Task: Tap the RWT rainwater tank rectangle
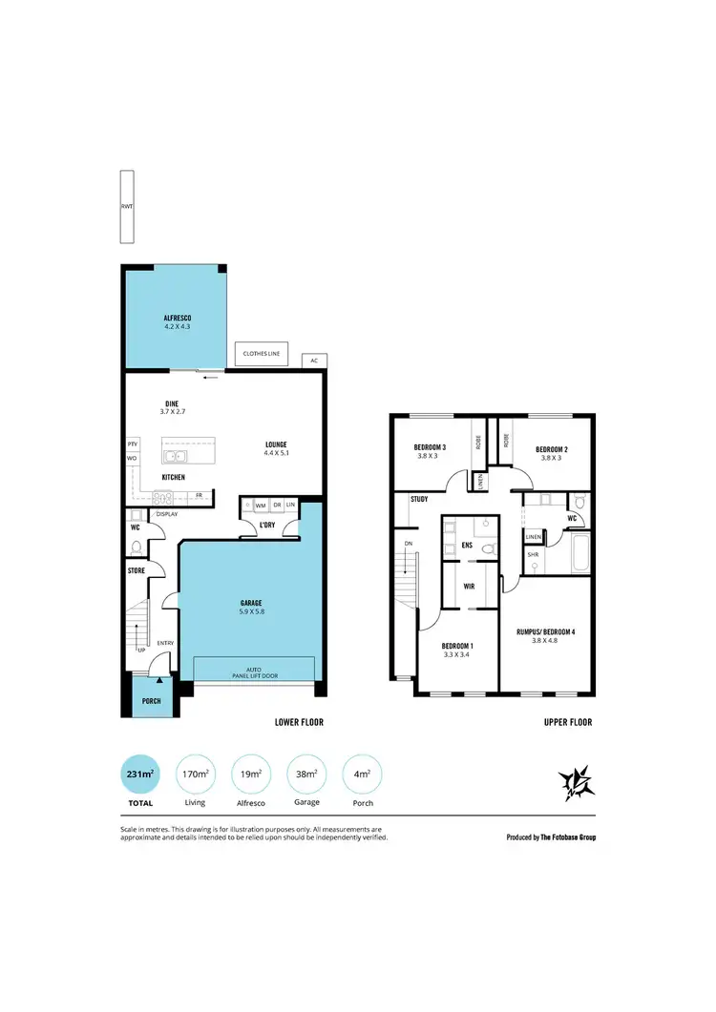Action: coord(126,207)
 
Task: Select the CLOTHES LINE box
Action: coord(262,354)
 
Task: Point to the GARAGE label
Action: coord(251,603)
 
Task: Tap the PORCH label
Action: coord(151,701)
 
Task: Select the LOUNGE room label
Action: coord(277,444)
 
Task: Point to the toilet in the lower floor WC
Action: coord(136,547)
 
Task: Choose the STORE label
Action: coord(137,570)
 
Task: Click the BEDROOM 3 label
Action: coord(430,448)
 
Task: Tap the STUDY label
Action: coord(418,499)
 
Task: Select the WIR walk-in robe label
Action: coord(469,587)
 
